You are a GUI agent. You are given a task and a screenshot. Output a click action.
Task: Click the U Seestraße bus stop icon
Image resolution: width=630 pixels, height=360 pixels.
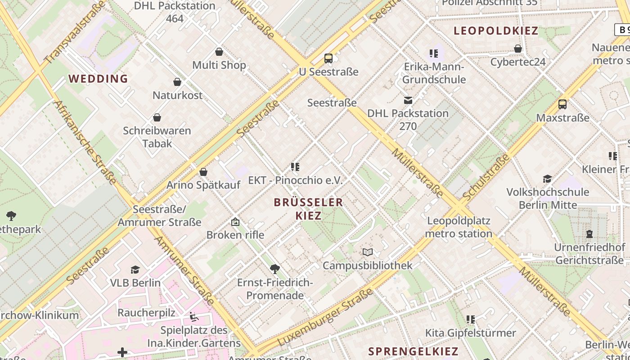point(328,58)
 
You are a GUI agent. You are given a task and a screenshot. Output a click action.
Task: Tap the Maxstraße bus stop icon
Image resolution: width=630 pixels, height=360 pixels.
point(562,104)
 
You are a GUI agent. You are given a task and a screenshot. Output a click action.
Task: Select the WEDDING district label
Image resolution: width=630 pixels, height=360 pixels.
point(98,79)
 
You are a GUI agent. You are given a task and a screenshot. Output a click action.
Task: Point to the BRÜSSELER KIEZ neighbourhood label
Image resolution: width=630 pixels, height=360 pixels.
point(308,209)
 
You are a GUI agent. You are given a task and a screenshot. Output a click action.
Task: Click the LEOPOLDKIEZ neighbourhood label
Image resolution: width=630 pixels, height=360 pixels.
point(496,31)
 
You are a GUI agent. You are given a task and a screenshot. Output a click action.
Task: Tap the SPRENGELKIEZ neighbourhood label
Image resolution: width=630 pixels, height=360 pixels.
point(413,351)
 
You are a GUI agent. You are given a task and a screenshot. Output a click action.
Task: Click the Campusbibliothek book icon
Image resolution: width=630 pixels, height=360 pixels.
point(368,252)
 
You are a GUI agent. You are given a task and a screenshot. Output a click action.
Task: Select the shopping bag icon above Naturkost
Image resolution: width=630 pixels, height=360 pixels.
point(177,82)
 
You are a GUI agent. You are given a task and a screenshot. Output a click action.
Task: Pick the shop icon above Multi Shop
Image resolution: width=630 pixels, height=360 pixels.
point(219,52)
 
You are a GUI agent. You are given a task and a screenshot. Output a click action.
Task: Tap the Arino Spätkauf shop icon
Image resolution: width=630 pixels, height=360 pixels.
point(203,172)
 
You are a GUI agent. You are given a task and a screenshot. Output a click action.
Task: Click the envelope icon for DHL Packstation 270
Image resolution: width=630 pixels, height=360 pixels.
point(408,100)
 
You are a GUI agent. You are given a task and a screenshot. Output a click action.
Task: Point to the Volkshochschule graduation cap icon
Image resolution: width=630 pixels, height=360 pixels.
point(547,179)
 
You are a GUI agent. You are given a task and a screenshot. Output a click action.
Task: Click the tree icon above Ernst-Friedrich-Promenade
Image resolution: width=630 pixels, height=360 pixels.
point(274,269)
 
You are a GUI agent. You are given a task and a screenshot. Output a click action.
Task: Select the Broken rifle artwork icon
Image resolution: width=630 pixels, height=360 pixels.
point(235,222)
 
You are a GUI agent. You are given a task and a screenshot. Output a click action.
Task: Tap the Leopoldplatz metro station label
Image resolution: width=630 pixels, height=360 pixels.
point(459,227)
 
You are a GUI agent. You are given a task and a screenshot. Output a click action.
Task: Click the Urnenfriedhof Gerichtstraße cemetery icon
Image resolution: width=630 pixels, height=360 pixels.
point(589,234)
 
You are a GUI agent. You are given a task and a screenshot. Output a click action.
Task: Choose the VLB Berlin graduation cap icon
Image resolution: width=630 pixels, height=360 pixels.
point(135,270)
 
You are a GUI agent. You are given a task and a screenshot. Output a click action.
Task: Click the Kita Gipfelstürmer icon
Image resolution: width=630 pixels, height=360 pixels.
point(471,319)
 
